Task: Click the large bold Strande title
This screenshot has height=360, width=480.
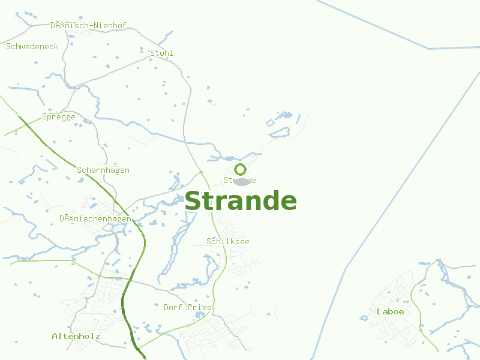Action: pyautogui.click(x=240, y=202)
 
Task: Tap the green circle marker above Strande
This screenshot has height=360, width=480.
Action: pyautogui.click(x=240, y=169)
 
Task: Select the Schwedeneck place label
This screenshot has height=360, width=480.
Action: pyautogui.click(x=32, y=46)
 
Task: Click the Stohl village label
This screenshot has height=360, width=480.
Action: pyautogui.click(x=161, y=53)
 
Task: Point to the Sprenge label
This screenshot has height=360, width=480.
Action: pyautogui.click(x=59, y=116)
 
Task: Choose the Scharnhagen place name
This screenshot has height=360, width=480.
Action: pyautogui.click(x=103, y=170)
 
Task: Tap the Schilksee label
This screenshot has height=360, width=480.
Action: pyautogui.click(x=228, y=241)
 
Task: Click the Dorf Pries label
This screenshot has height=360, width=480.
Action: pyautogui.click(x=188, y=307)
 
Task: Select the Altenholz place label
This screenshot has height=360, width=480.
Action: pyautogui.click(x=76, y=336)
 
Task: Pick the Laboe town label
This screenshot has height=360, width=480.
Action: pyautogui.click(x=390, y=311)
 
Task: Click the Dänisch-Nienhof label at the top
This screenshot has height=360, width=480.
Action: pyautogui.click(x=88, y=26)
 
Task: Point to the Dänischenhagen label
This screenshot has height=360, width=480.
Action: pyautogui.click(x=95, y=218)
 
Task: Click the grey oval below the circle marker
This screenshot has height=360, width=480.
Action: pyautogui.click(x=241, y=182)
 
